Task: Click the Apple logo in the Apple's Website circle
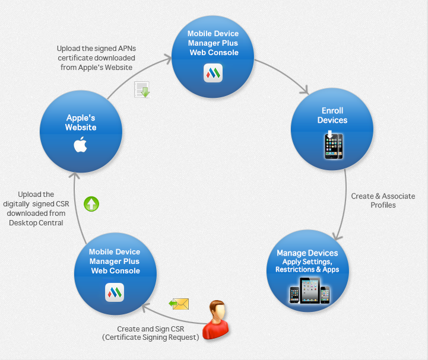[80, 145]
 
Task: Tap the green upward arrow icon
[91, 204]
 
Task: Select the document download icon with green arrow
[141, 90]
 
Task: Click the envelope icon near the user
[179, 304]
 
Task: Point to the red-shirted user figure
[216, 320]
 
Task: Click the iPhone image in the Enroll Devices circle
[332, 145]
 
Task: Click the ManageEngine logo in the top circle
[213, 73]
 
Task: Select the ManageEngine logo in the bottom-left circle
[115, 291]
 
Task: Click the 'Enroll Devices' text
[332, 115]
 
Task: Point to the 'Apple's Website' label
[81, 123]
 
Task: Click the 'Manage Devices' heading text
[307, 253]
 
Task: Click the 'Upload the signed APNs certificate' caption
[96, 58]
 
